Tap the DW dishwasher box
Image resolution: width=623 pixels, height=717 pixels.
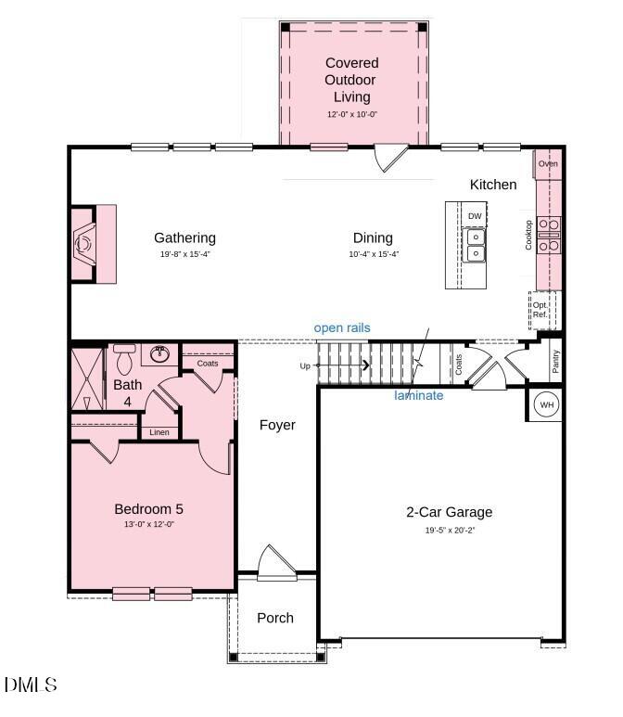(x=475, y=216)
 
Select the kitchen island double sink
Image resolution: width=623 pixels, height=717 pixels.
(x=475, y=245)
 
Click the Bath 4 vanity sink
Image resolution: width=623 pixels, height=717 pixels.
(x=160, y=353)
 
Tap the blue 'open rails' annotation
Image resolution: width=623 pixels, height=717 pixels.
(x=342, y=327)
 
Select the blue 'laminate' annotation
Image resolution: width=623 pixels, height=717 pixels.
(x=419, y=396)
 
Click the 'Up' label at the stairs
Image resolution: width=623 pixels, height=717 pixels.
(x=305, y=366)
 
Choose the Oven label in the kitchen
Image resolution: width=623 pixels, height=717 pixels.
(x=548, y=164)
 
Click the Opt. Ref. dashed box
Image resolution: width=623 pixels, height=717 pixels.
(x=540, y=310)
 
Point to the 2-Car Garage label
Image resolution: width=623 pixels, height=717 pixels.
(x=450, y=512)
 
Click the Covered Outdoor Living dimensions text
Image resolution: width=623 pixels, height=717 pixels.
(x=351, y=115)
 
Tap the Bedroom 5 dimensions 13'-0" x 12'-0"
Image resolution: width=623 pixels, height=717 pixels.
(x=155, y=525)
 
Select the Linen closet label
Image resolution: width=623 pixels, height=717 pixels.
(x=159, y=432)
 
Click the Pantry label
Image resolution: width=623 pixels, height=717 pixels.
(x=555, y=361)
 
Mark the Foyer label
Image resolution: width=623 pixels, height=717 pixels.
(x=277, y=425)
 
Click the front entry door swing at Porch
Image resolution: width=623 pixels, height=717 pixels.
(x=274, y=561)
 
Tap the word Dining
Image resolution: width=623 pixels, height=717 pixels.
(x=373, y=237)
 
